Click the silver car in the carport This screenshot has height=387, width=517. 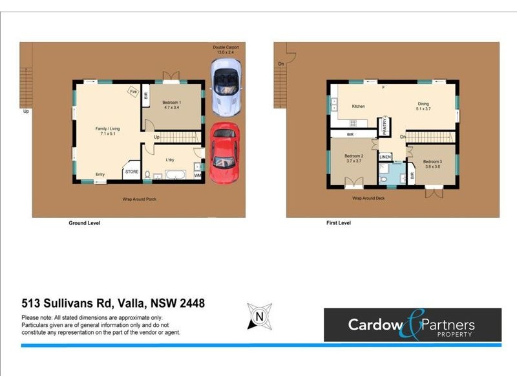pos(226,84)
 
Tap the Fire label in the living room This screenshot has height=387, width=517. pos(134,92)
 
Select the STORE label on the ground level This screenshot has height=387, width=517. pos(132,172)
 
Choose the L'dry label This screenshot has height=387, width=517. pos(171,159)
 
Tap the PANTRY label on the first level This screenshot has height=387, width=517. pos(385,124)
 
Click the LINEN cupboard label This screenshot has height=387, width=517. pos(385,157)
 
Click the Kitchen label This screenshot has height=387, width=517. pos(359,106)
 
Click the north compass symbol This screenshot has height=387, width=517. pos(259,317)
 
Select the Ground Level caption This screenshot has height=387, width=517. pos(85,223)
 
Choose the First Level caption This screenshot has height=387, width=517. pos(339,223)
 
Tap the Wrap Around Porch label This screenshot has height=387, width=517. pos(140,199)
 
